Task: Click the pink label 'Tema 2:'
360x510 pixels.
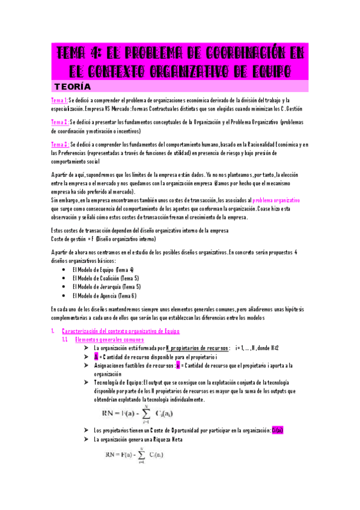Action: [x=59, y=122]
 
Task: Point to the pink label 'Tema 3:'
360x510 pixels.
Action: [x=60, y=145]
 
